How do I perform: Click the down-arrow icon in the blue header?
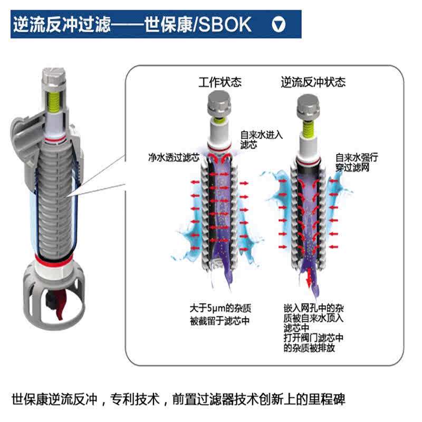(280, 24)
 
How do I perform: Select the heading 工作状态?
(220, 82)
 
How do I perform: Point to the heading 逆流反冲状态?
(313, 82)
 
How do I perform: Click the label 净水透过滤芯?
(174, 157)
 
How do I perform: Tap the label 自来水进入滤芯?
(261, 139)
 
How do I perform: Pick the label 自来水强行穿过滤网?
(356, 162)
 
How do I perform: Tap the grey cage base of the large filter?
(48, 287)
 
